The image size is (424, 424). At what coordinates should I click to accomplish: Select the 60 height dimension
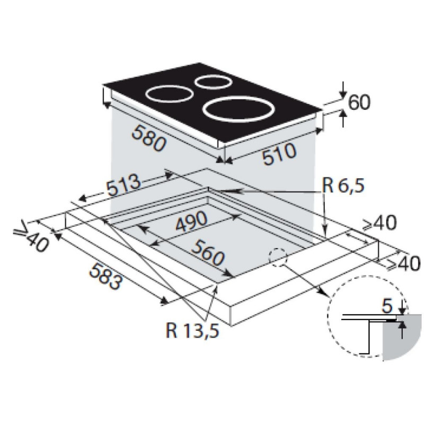(x=358, y=103)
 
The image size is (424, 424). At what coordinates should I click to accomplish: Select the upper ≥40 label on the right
(x=380, y=224)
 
